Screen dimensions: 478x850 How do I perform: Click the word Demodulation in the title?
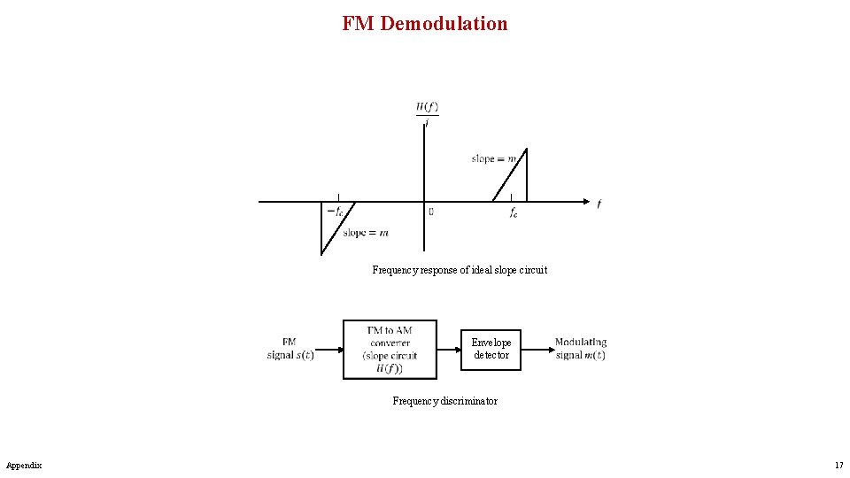444,24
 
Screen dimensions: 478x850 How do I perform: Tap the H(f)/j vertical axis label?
427,113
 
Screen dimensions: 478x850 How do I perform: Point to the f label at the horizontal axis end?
599,204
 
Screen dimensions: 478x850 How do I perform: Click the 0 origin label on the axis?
431,212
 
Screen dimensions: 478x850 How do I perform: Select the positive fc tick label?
514,213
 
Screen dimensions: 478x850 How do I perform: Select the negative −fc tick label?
335,212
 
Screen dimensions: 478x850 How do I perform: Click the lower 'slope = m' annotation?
365,233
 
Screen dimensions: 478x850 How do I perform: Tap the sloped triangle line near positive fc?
509,174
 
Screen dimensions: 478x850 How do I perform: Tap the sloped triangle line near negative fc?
337,228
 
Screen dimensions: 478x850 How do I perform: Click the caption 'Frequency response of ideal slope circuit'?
460,270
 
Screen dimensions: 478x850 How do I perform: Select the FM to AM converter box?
390,350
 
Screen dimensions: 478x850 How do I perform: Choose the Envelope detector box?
491,349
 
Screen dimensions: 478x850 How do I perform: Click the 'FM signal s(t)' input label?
290,349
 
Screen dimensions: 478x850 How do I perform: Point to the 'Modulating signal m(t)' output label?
581,349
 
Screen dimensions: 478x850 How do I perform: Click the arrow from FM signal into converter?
328,350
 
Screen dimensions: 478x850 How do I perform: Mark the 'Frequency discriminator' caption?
444,401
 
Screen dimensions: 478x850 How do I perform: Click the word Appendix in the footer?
24,466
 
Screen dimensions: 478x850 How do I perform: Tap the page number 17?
838,466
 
